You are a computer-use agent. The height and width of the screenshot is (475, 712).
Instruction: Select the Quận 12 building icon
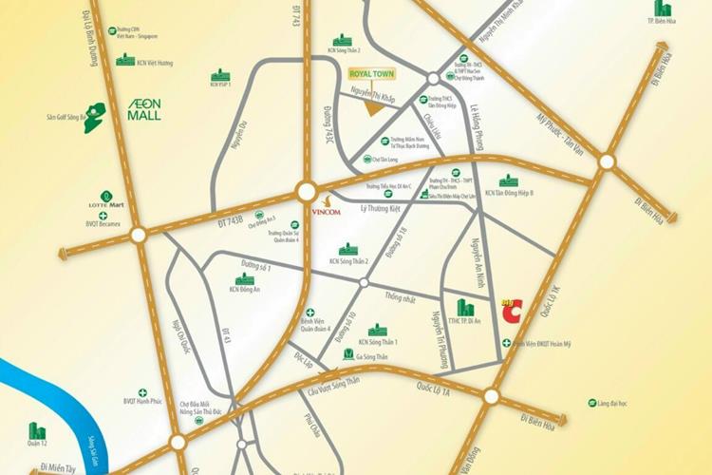pyautogui.click(x=37, y=431)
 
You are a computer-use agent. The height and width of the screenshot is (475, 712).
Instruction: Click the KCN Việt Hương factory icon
pyautogui.click(x=125, y=59)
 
